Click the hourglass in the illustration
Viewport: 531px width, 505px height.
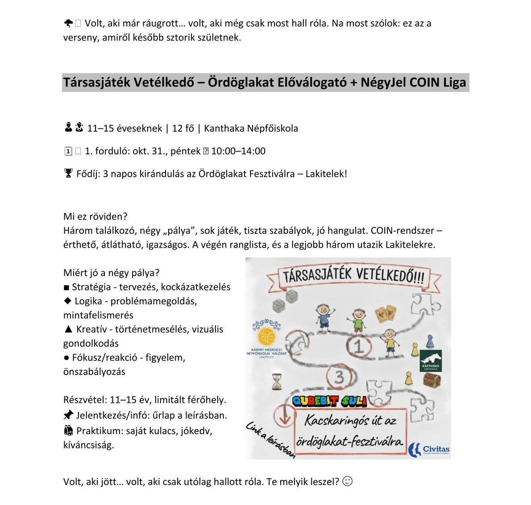(277, 382)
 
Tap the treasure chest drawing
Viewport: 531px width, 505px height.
(432, 380)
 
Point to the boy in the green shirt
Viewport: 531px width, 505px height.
(358, 321)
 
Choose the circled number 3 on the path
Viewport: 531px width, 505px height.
(339, 377)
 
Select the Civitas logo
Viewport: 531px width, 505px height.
(429, 449)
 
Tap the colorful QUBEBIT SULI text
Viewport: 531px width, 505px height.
(329, 401)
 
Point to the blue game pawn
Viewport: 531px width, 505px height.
(429, 342)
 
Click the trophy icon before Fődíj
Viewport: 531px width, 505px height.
(68, 174)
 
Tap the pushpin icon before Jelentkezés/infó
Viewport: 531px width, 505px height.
(68, 415)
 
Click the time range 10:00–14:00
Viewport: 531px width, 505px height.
(238, 151)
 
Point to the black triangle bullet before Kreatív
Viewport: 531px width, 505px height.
(68, 330)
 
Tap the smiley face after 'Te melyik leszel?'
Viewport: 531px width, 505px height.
(348, 481)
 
